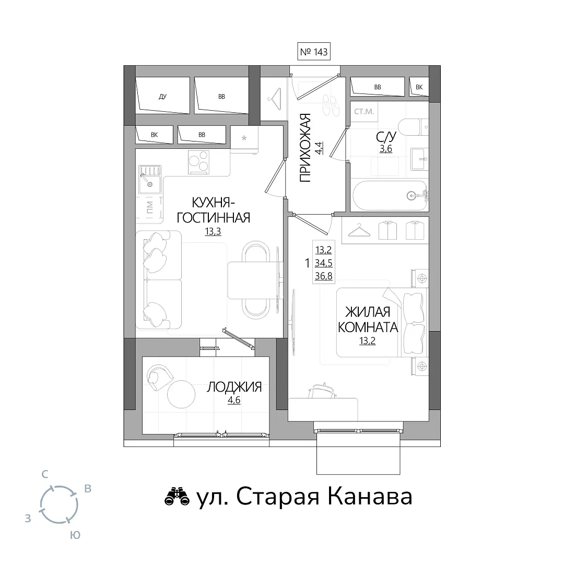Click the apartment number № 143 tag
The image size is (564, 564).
pyautogui.click(x=314, y=52)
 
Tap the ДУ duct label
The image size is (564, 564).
pyautogui.click(x=162, y=97)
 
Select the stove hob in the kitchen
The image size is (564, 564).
pyautogui.click(x=198, y=162)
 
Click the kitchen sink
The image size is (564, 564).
pyautogui.click(x=150, y=180)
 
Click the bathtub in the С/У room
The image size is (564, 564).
pyautogui.click(x=390, y=196)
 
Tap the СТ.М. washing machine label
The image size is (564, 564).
pyautogui.click(x=364, y=112)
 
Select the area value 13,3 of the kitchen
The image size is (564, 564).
pyautogui.click(x=213, y=232)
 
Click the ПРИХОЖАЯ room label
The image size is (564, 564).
pyautogui.click(x=305, y=148)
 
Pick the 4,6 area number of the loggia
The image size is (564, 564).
pyautogui.click(x=234, y=400)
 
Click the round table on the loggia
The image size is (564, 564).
pyautogui.click(x=181, y=394)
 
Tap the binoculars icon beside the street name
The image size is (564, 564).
pyautogui.click(x=177, y=497)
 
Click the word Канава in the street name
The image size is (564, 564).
pyautogui.click(x=370, y=497)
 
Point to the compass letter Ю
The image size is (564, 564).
pyautogui.click(x=75, y=535)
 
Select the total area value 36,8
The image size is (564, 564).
pyautogui.click(x=323, y=276)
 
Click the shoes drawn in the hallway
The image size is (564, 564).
pyautogui.click(x=331, y=105)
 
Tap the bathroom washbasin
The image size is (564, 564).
pyautogui.click(x=419, y=159)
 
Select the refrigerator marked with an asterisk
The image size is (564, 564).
pyautogui.click(x=244, y=139)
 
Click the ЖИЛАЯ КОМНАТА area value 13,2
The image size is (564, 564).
pyautogui.click(x=367, y=340)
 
